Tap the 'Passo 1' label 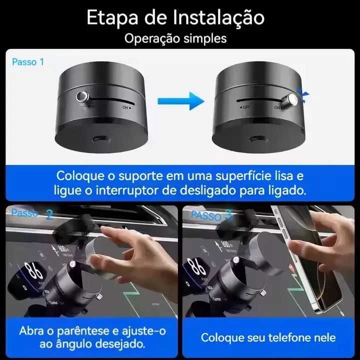click(x=28, y=62)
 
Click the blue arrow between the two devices click(x=180, y=101)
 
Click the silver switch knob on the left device click(x=82, y=96)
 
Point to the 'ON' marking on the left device click(x=126, y=106)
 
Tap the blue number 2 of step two click(x=49, y=214)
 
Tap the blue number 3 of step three click(x=228, y=215)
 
